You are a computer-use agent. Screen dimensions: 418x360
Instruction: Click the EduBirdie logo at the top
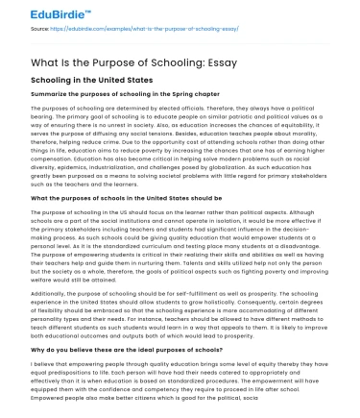click(38, 13)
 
